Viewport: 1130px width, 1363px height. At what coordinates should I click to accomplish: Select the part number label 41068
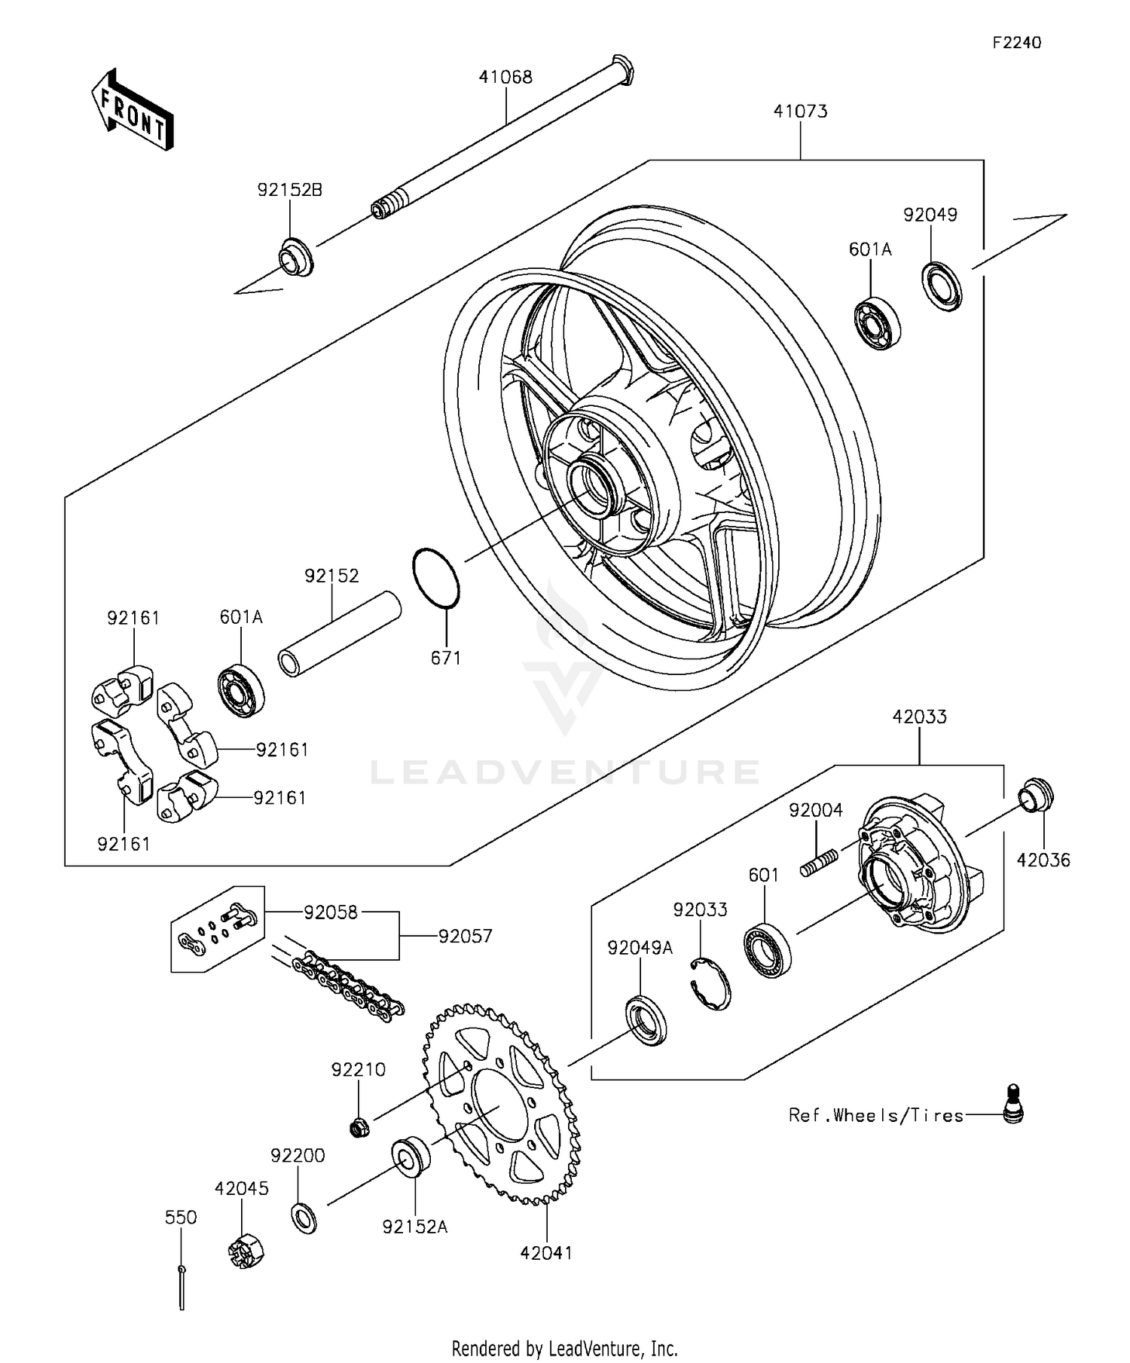[x=505, y=77]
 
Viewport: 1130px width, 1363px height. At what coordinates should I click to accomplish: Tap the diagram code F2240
[x=1016, y=43]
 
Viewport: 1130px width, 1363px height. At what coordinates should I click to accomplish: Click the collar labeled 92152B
[x=296, y=257]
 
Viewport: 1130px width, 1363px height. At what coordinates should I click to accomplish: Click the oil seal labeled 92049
[x=942, y=285]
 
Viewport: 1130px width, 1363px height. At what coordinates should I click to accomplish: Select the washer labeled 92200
[x=304, y=1217]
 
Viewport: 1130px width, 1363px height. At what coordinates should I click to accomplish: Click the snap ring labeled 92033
[x=711, y=983]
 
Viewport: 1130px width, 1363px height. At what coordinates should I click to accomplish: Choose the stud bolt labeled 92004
[x=820, y=861]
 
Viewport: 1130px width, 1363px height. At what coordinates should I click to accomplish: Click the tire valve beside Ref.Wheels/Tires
[x=1014, y=1105]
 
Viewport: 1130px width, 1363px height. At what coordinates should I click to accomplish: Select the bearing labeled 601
[x=768, y=950]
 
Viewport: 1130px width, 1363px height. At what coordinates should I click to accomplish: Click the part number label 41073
[x=800, y=112]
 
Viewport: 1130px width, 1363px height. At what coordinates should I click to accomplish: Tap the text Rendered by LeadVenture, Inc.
[x=564, y=1347]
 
